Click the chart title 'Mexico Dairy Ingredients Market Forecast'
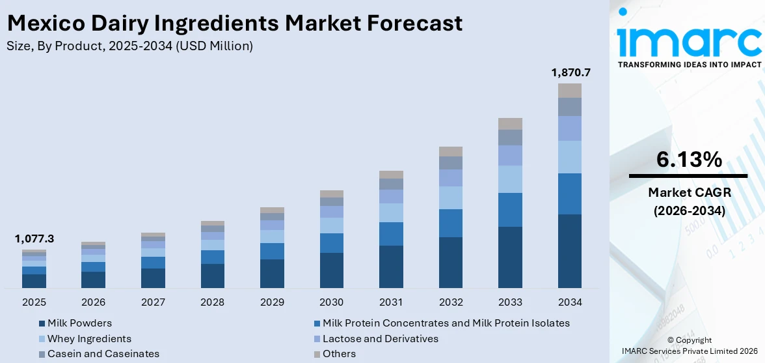(x=235, y=23)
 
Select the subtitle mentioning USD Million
(x=129, y=46)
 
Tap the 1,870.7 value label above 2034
(x=570, y=72)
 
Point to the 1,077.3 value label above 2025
(x=34, y=239)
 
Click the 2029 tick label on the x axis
(x=272, y=302)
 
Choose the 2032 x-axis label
(x=450, y=302)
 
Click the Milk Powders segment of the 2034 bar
(x=570, y=251)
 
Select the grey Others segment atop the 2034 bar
(x=570, y=91)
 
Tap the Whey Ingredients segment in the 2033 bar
(x=510, y=179)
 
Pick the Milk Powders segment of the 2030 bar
(x=332, y=270)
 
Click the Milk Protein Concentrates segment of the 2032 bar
(x=450, y=223)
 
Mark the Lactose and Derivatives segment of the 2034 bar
(x=570, y=128)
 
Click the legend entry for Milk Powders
(x=79, y=323)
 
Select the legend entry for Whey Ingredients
(x=89, y=339)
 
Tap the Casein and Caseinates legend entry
(x=103, y=354)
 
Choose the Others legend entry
(x=339, y=354)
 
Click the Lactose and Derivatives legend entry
(x=380, y=339)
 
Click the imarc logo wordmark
(x=689, y=40)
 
